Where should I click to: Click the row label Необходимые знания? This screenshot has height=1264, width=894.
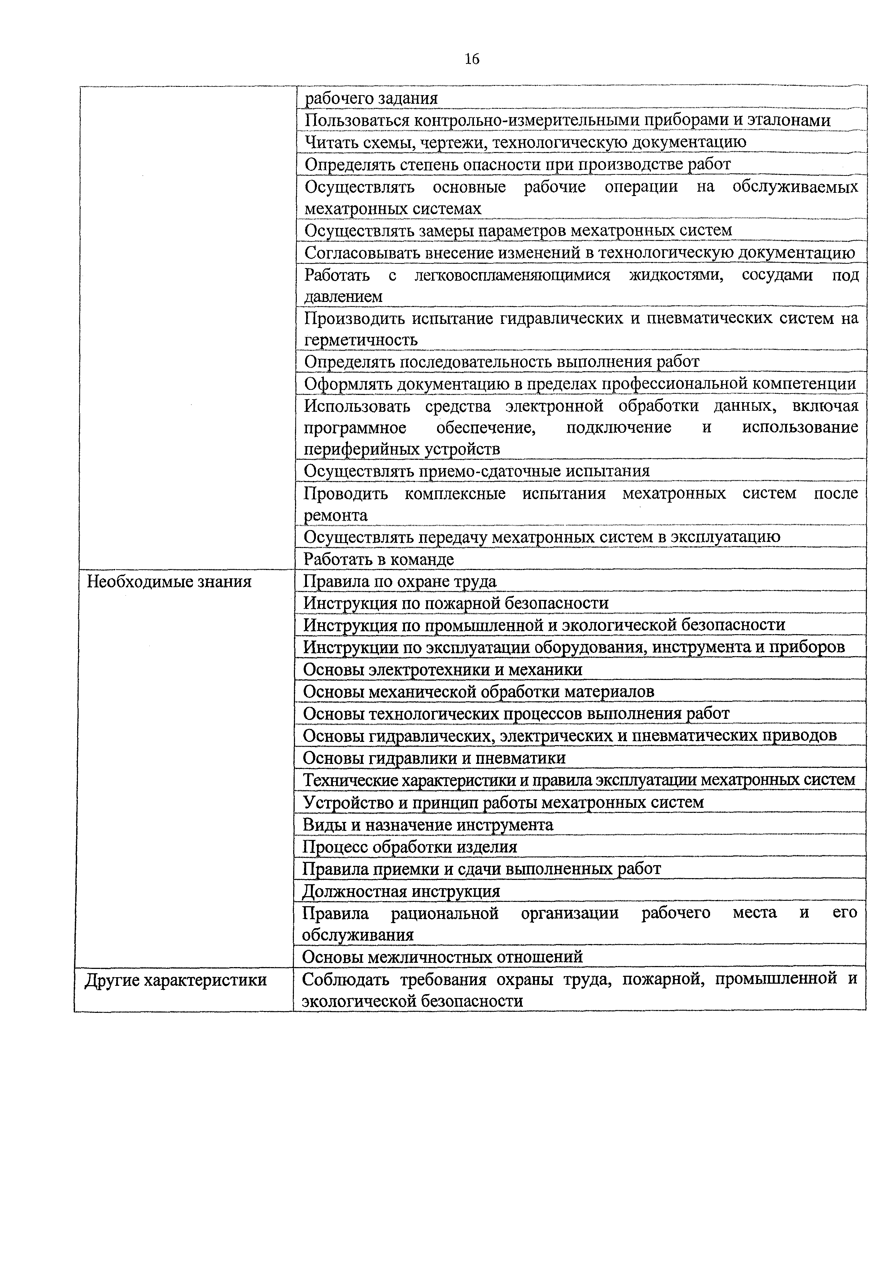[x=169, y=581]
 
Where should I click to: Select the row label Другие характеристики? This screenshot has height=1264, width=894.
[x=175, y=980]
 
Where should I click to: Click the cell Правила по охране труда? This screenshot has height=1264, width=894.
[x=400, y=581]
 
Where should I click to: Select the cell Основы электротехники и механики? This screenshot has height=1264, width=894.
[x=443, y=669]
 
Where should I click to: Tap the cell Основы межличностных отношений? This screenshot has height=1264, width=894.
[x=442, y=957]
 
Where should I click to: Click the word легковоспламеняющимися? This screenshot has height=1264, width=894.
[x=512, y=275]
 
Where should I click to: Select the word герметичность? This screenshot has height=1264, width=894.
[x=361, y=340]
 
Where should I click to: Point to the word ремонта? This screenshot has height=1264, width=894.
[x=335, y=515]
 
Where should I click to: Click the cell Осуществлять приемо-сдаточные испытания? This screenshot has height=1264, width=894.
[x=476, y=471]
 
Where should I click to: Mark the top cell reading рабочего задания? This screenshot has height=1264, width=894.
[x=371, y=98]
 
